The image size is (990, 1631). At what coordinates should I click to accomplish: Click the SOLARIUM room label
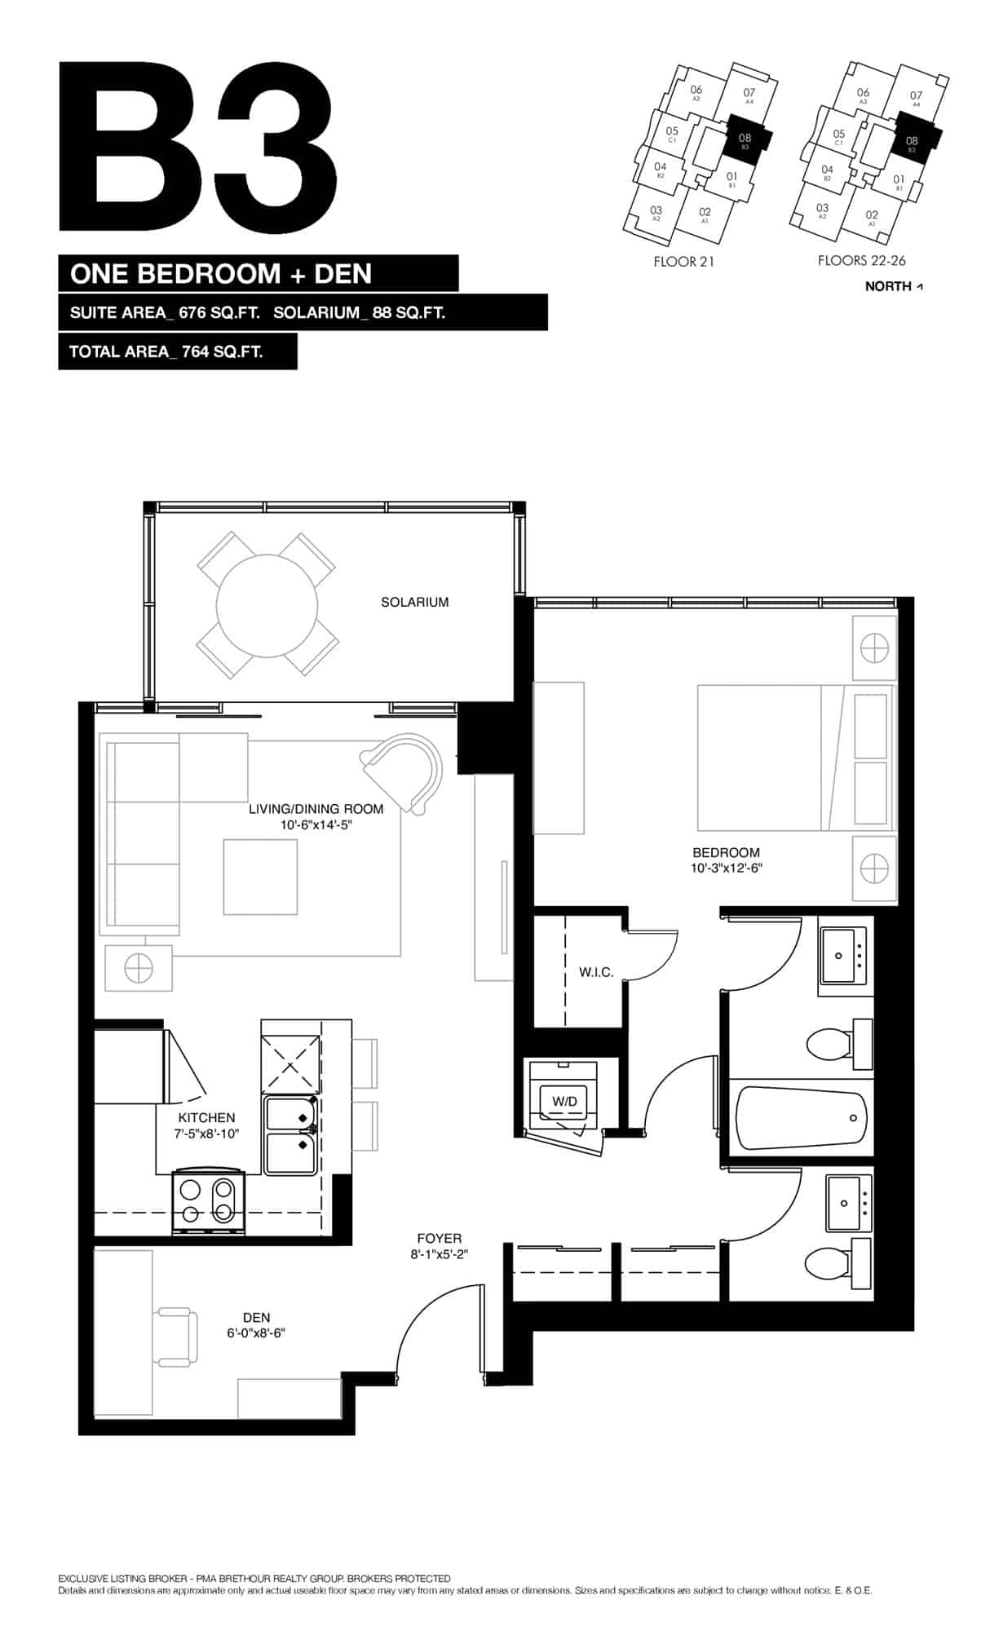[414, 603]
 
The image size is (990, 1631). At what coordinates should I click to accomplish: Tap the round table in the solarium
[267, 606]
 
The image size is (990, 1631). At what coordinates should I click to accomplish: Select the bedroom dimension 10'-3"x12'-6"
[726, 868]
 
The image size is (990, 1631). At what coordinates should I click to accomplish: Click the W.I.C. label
[596, 972]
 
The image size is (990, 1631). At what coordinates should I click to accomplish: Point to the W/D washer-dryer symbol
[564, 1102]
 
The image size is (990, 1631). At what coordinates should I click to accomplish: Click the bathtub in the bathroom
[801, 1118]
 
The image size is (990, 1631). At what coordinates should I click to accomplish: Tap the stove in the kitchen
[209, 1201]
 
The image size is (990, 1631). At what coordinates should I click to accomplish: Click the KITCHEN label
[206, 1118]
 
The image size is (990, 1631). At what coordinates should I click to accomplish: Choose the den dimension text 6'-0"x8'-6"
[256, 1333]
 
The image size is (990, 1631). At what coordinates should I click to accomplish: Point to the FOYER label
[439, 1238]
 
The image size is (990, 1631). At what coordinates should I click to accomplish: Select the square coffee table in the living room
[260, 877]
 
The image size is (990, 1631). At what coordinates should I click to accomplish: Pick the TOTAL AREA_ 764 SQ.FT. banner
[178, 352]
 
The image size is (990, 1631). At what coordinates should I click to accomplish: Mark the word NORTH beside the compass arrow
[887, 286]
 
